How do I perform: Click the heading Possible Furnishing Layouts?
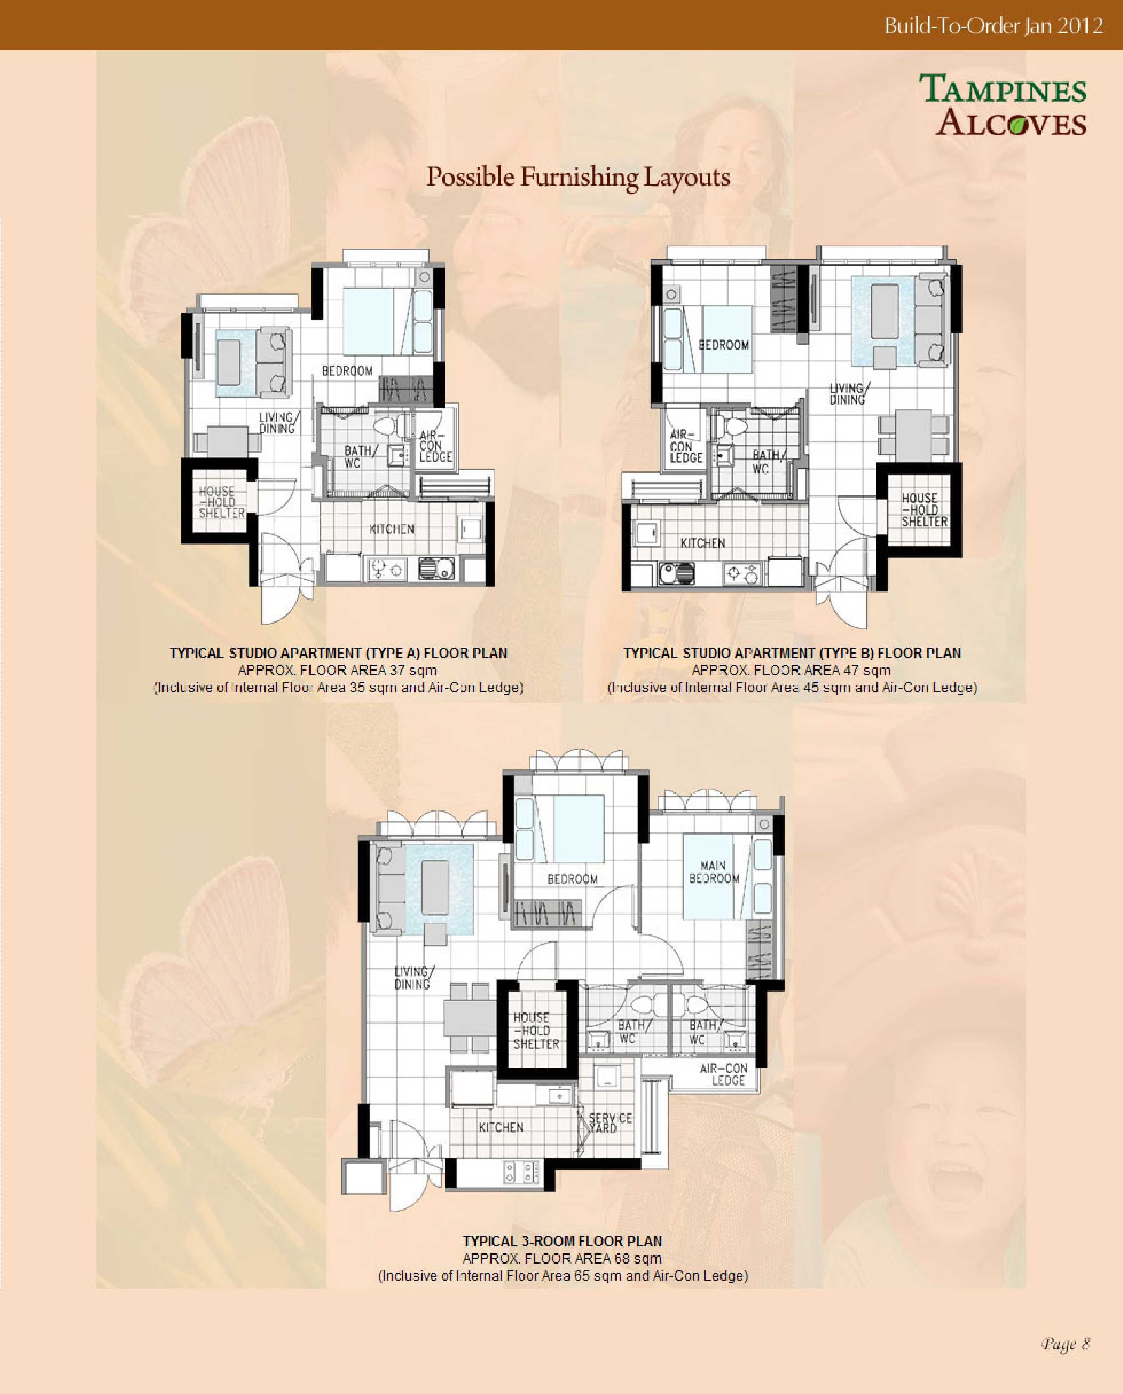click(x=578, y=177)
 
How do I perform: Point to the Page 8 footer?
click(x=1065, y=1344)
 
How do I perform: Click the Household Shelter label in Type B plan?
click(x=924, y=509)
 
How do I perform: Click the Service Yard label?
click(x=610, y=1123)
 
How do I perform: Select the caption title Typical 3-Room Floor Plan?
click(x=562, y=1241)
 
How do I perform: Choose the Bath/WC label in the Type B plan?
click(x=768, y=461)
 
